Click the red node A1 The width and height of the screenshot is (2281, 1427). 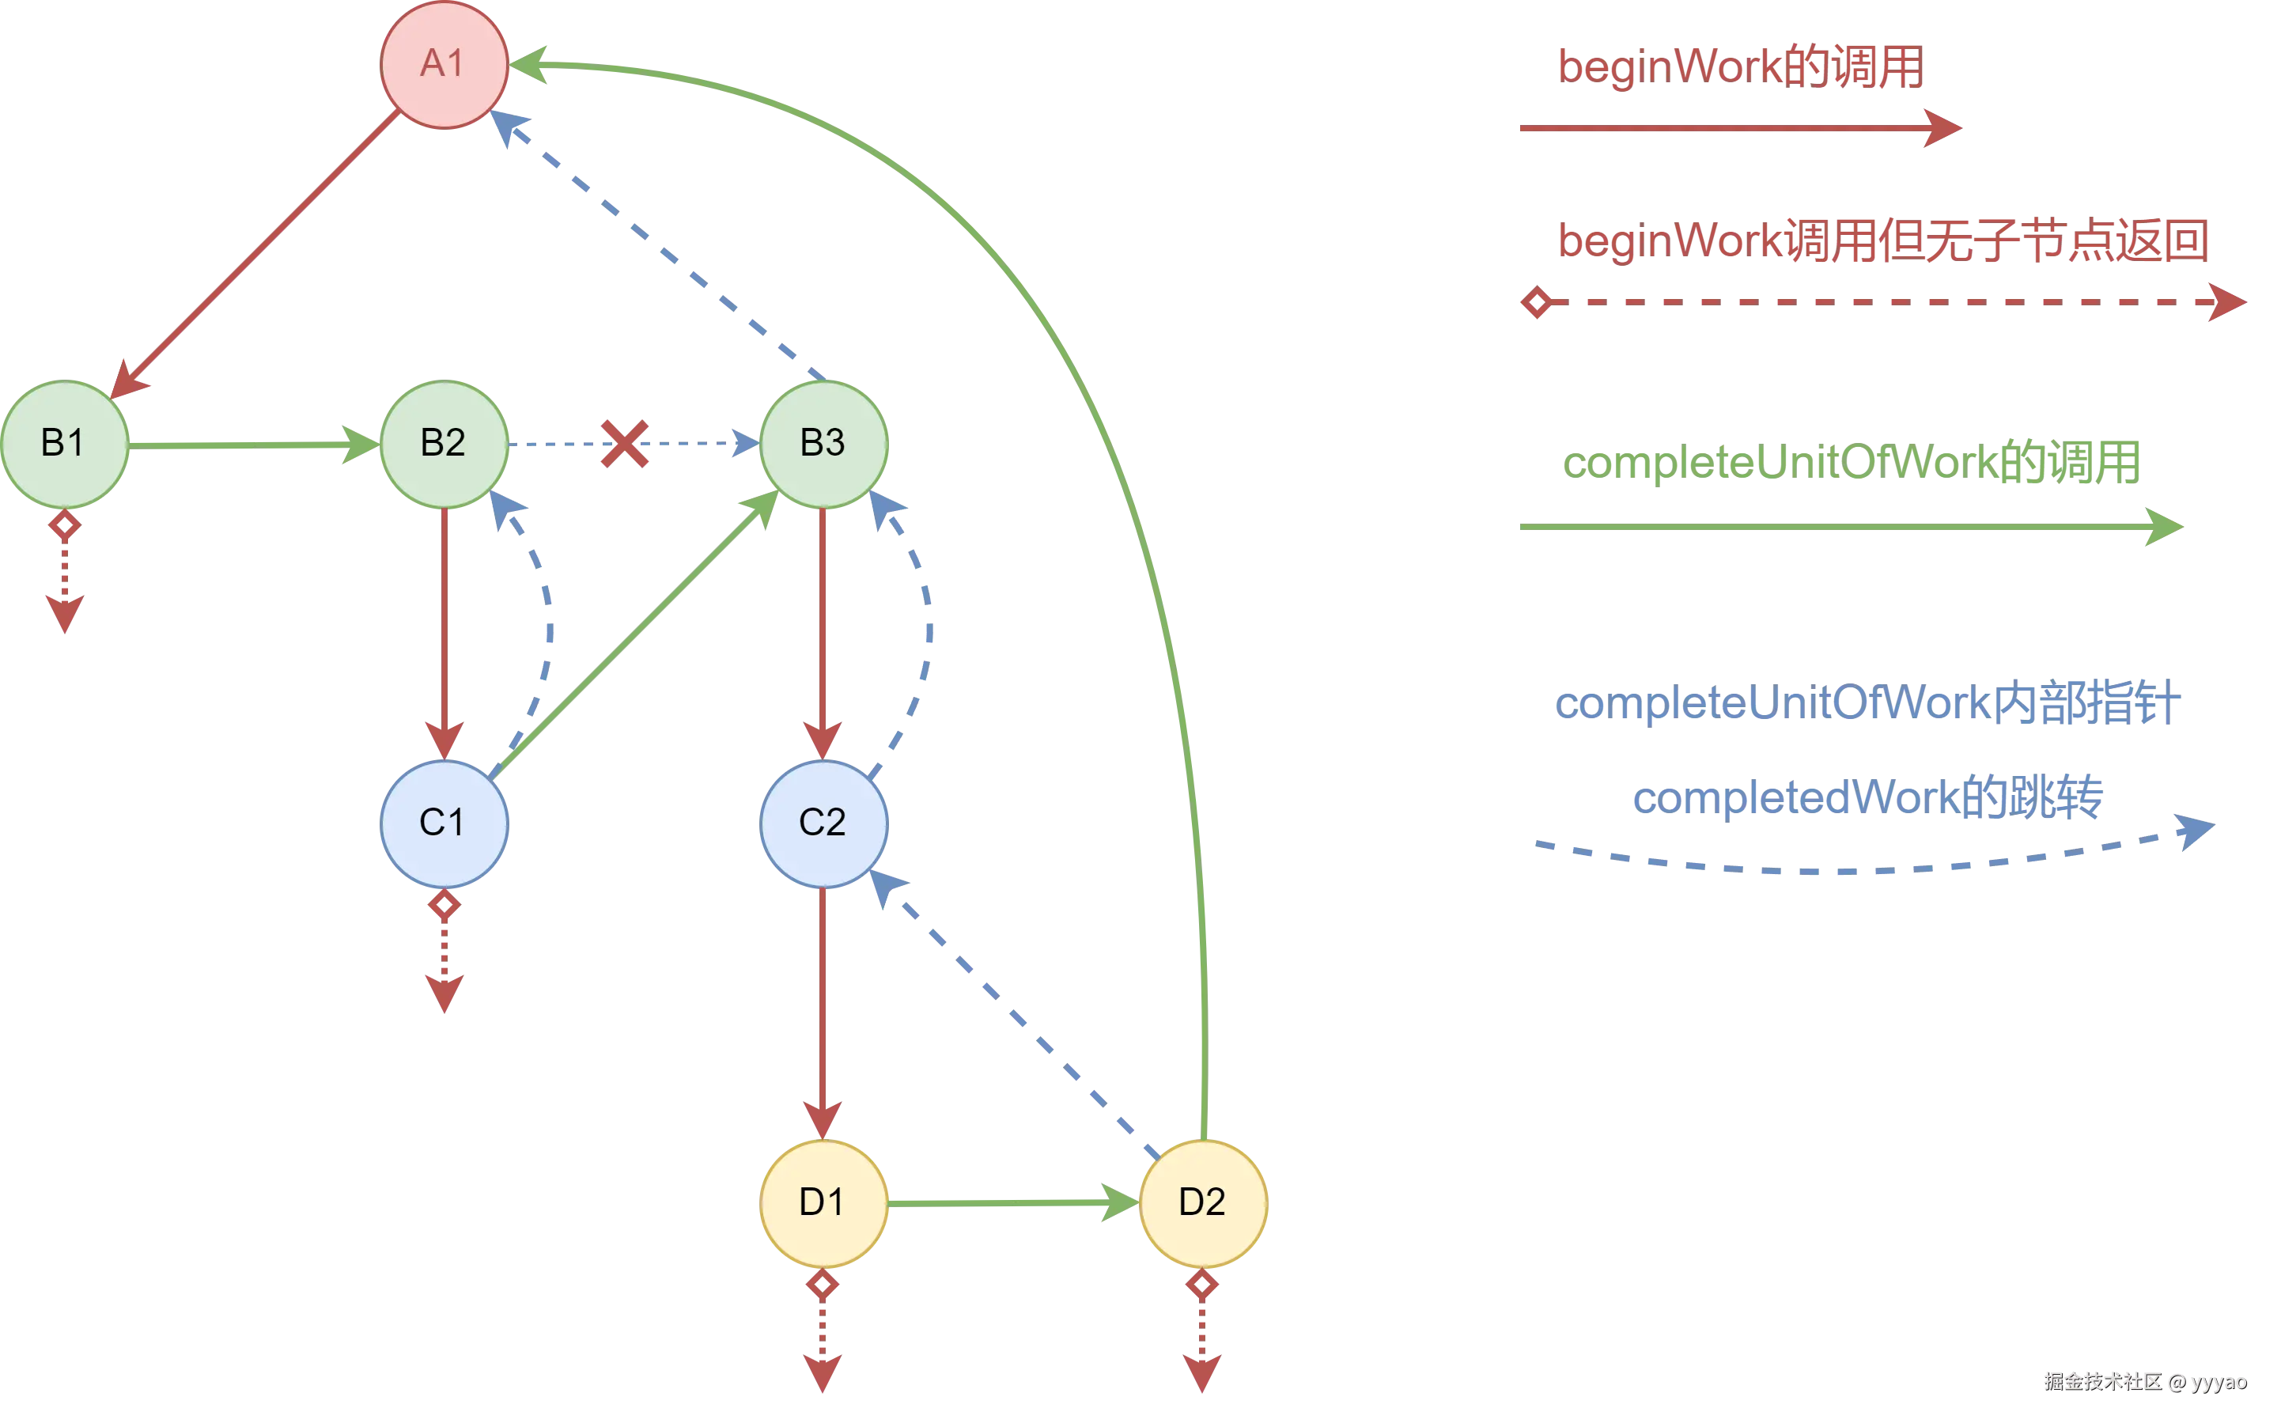click(x=444, y=64)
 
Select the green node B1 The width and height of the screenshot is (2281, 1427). click(x=64, y=444)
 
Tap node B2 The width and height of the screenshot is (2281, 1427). click(x=444, y=444)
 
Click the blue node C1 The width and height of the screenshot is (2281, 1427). click(x=444, y=823)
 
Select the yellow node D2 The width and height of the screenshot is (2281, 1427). click(x=1203, y=1202)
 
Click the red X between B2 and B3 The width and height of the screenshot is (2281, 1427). click(x=625, y=444)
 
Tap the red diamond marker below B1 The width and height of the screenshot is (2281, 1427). click(x=64, y=524)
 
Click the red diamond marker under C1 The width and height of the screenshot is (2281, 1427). click(x=444, y=905)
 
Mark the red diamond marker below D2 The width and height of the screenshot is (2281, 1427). click(x=1201, y=1285)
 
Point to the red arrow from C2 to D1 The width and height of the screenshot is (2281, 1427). click(x=823, y=1010)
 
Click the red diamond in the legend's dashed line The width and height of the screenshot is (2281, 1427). click(x=1538, y=304)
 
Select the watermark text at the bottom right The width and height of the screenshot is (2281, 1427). click(x=2144, y=1382)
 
